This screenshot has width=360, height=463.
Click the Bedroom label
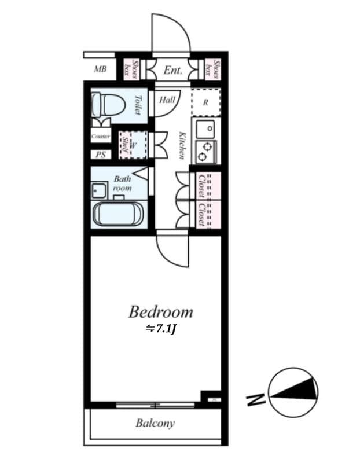tap(160, 313)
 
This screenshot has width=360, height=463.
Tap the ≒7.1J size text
tap(160, 330)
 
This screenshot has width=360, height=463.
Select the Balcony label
tap(155, 423)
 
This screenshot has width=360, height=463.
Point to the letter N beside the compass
tap(255, 399)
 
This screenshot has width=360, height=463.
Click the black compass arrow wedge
tap(298, 392)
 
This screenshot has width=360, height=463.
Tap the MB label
tap(101, 69)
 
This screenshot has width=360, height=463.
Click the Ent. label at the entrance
tap(173, 71)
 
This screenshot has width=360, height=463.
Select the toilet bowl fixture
tap(108, 105)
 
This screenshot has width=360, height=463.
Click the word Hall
tap(167, 100)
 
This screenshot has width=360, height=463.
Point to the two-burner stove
tap(205, 150)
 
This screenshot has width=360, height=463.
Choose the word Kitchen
tap(182, 145)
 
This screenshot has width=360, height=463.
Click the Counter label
tap(101, 137)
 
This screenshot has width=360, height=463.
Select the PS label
tap(101, 155)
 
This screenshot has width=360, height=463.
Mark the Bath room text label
tap(122, 183)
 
